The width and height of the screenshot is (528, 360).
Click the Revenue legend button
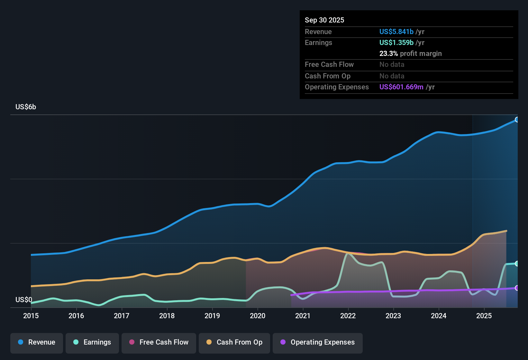coord(37,343)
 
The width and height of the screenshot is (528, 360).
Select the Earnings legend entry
coord(92,343)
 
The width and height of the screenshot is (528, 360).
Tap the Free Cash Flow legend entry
coord(159,343)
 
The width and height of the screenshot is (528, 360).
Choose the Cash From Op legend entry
coord(234,343)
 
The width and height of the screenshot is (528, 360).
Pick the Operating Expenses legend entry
coord(318,343)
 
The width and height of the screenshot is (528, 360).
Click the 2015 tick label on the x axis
coord(31,316)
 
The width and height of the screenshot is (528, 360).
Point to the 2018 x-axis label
coord(167,316)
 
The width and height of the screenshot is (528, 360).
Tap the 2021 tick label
coord(303,316)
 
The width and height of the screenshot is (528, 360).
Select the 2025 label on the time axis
coord(484,316)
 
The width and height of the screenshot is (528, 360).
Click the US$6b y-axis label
coord(26,107)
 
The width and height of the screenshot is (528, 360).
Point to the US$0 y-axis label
coord(24,300)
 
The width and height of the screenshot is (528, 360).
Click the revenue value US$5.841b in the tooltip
coord(396,32)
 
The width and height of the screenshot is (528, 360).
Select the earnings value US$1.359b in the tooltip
coord(396,43)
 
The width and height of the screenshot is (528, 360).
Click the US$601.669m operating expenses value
coord(401,87)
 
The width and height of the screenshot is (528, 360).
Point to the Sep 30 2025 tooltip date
coord(324,20)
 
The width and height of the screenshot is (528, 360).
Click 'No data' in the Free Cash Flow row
coord(392,65)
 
